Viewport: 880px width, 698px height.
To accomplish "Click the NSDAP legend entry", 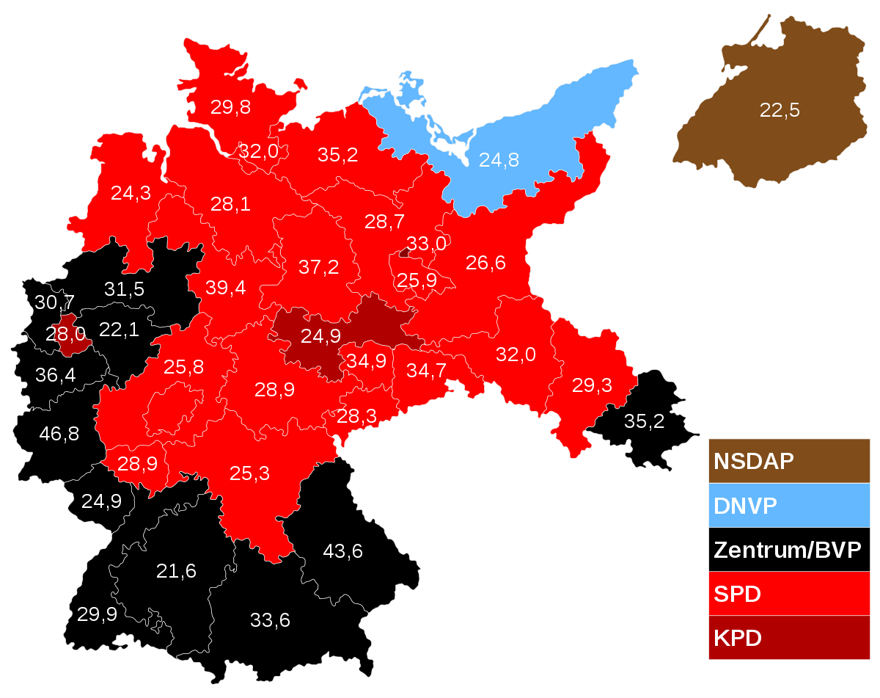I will (x=788, y=462).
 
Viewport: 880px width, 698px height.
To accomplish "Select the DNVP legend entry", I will (x=788, y=506).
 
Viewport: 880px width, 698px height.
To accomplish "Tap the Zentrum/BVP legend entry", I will (x=788, y=550).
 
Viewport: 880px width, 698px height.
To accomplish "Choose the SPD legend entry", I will (x=788, y=594).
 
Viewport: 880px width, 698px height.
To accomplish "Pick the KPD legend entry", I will (x=788, y=638).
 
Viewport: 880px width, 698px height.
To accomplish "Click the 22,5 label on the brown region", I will (x=780, y=111).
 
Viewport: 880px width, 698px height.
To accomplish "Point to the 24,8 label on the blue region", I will (x=499, y=159).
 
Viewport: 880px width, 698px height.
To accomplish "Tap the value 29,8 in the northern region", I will (x=230, y=107).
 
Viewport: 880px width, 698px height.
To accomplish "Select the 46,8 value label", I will (x=59, y=433).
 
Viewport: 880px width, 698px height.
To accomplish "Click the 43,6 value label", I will (x=343, y=550).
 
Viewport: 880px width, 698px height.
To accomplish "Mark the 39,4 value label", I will (x=226, y=288).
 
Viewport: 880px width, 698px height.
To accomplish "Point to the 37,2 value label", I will (x=319, y=267).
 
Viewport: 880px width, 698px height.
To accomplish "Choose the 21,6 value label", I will (x=176, y=570).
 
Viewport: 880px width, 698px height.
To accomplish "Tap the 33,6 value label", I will (x=270, y=620).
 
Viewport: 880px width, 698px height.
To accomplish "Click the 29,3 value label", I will (x=592, y=386).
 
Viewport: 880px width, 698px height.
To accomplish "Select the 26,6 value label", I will (x=485, y=263).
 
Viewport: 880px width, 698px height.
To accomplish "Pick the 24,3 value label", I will (x=131, y=193).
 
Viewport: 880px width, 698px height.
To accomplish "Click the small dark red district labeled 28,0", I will (x=67, y=335).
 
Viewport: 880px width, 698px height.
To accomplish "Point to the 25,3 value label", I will (x=249, y=473).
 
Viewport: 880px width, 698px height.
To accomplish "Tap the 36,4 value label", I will (x=55, y=375).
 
